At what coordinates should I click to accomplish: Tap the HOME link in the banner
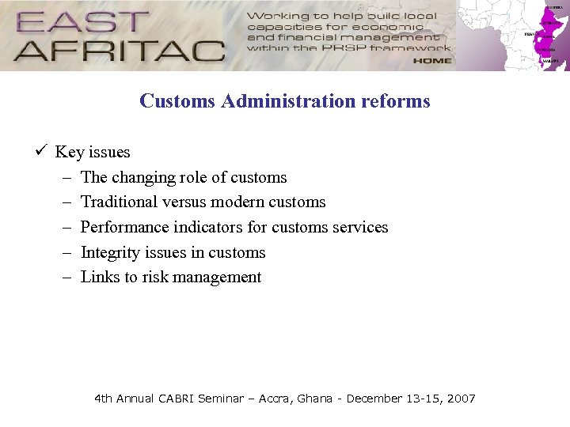point(431,60)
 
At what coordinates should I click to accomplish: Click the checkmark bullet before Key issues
point(41,150)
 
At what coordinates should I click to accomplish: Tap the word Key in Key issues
point(70,152)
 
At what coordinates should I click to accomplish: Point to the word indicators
point(208,227)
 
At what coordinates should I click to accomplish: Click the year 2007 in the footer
point(461,399)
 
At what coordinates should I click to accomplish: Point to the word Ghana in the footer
point(315,399)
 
